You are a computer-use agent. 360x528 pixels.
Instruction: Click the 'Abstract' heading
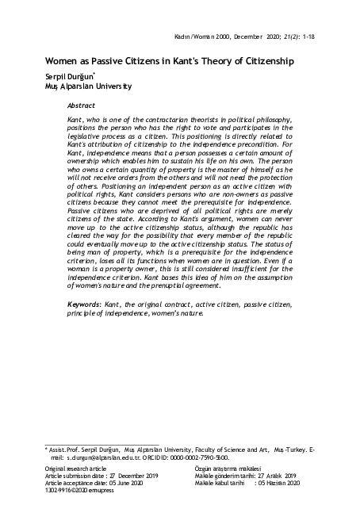point(82,104)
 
